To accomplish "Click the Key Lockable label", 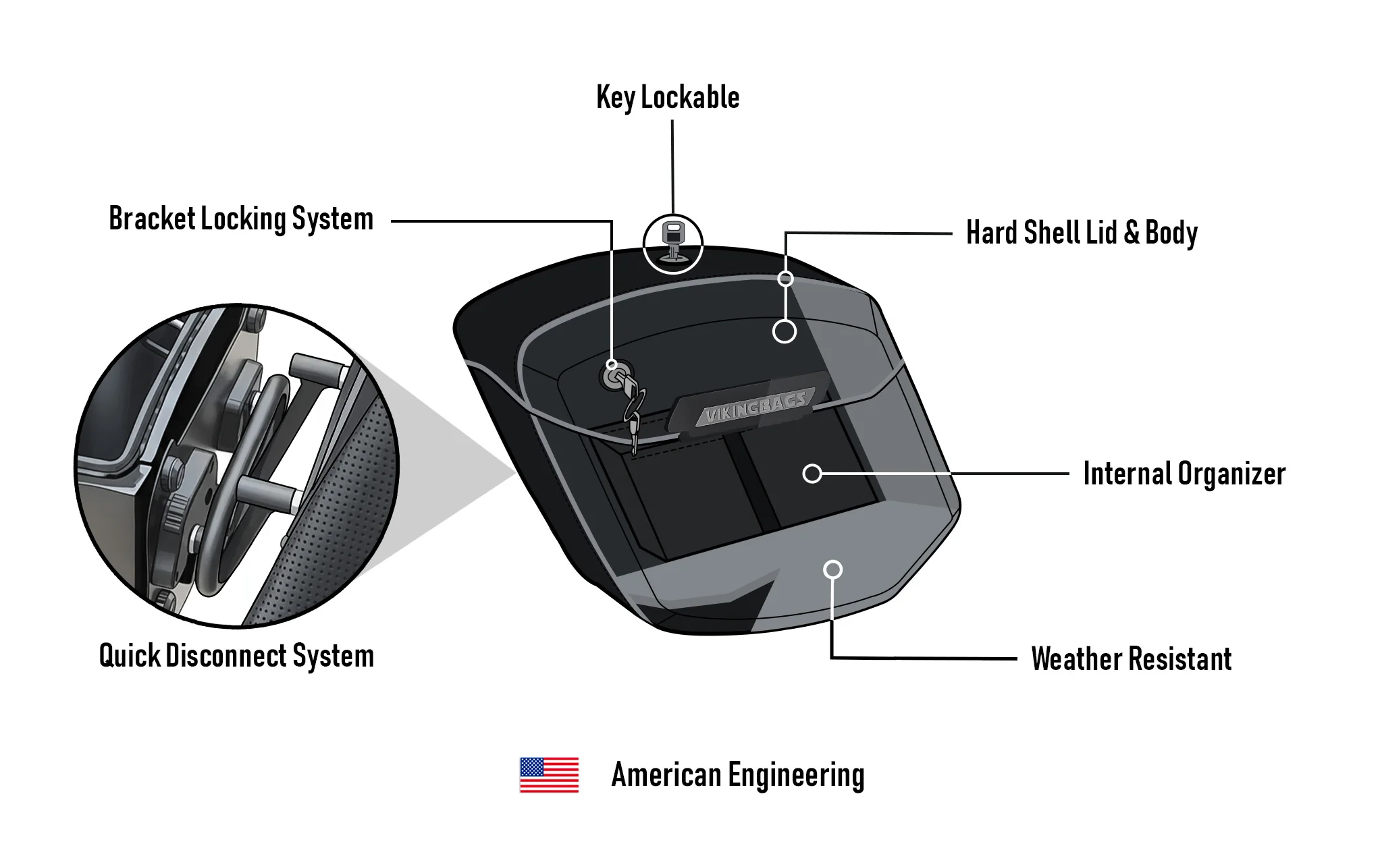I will click(x=668, y=98).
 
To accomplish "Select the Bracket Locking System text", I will click(x=241, y=219).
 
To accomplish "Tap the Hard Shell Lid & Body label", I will click(x=1082, y=233).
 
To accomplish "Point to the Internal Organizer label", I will click(x=1184, y=474).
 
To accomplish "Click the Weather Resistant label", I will click(x=1131, y=659).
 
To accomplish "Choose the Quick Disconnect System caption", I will click(x=236, y=656).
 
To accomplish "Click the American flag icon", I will click(x=549, y=775).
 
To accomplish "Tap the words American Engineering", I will click(x=737, y=775).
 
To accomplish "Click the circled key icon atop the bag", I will click(x=672, y=244).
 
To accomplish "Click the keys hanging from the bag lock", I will click(x=633, y=412).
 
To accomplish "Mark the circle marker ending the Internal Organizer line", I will click(x=812, y=474).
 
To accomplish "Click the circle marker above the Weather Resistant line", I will click(x=833, y=569).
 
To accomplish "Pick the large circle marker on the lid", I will click(x=784, y=331).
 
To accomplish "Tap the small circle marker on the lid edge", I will click(x=785, y=279).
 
